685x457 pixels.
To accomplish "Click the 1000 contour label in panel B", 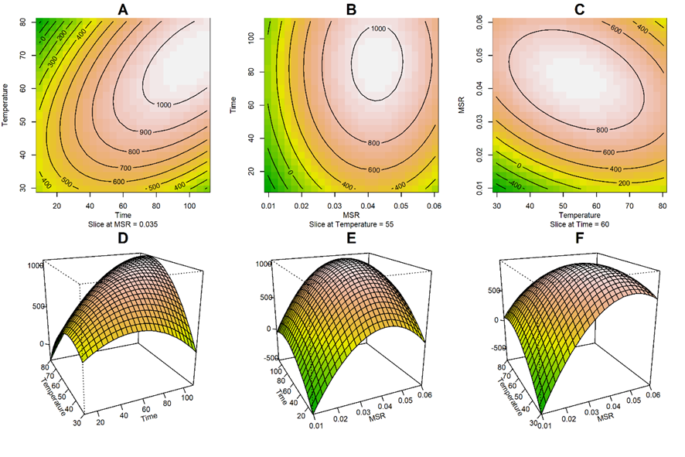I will (377, 29).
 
